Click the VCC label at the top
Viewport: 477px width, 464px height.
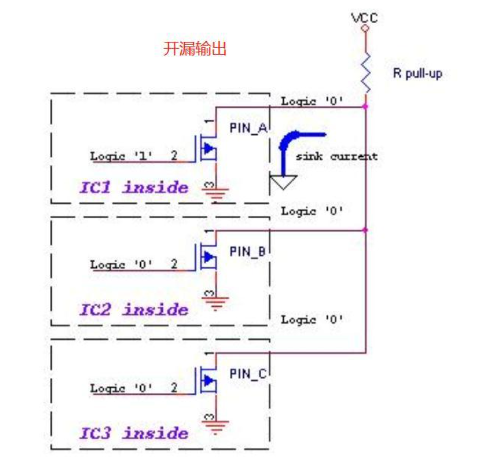365,18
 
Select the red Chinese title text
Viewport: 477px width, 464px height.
195,50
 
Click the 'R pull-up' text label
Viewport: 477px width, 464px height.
418,74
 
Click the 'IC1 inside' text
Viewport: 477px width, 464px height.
134,187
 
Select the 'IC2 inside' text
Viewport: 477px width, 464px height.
134,309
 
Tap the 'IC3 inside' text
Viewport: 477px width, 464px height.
134,432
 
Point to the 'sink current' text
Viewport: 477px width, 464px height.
336,156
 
